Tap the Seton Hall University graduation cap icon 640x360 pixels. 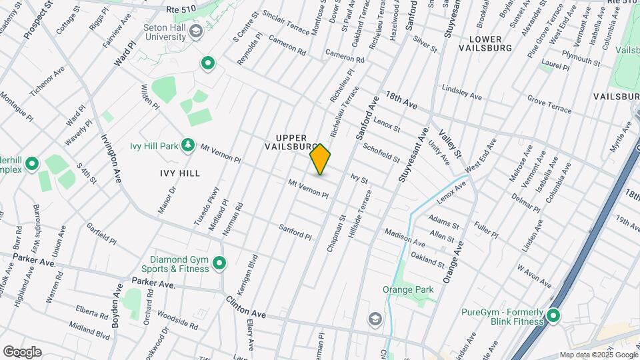pyautogui.click(x=196, y=31)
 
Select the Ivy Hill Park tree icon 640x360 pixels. pyautogui.click(x=189, y=145)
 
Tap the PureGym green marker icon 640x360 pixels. pyautogui.click(x=553, y=315)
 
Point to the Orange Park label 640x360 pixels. pyautogui.click(x=408, y=289)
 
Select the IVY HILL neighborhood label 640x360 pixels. pyautogui.click(x=180, y=173)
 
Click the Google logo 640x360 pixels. pyautogui.click(x=22, y=351)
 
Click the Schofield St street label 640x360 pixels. pyautogui.click(x=382, y=155)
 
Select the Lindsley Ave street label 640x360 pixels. pyautogui.click(x=461, y=93)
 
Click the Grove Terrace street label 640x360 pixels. pyautogui.click(x=549, y=104)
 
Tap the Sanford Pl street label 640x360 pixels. pyautogui.click(x=295, y=231)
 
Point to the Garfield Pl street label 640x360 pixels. pyautogui.click(x=101, y=234)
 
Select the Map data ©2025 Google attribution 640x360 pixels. pyautogui.click(x=598, y=355)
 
